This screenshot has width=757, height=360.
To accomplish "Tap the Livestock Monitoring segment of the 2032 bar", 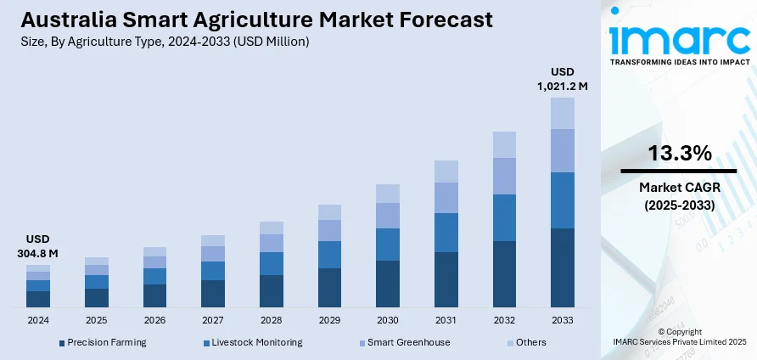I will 504,217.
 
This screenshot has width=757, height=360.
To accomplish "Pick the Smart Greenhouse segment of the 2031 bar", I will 446,197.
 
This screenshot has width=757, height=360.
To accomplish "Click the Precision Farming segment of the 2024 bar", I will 38,298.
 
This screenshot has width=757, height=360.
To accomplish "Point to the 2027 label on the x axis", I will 213,320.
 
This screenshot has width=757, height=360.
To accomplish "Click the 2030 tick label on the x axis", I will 388,320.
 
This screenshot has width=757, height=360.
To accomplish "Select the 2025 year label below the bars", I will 97,320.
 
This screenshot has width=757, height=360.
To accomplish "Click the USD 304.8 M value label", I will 37,246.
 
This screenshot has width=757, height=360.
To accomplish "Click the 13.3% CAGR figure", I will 680,154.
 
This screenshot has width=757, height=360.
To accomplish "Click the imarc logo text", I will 679,37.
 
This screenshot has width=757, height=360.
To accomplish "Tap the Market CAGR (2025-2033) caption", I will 680,197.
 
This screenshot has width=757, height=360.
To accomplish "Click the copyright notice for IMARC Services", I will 680,336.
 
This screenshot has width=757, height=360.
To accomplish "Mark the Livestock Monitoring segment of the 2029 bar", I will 329,255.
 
